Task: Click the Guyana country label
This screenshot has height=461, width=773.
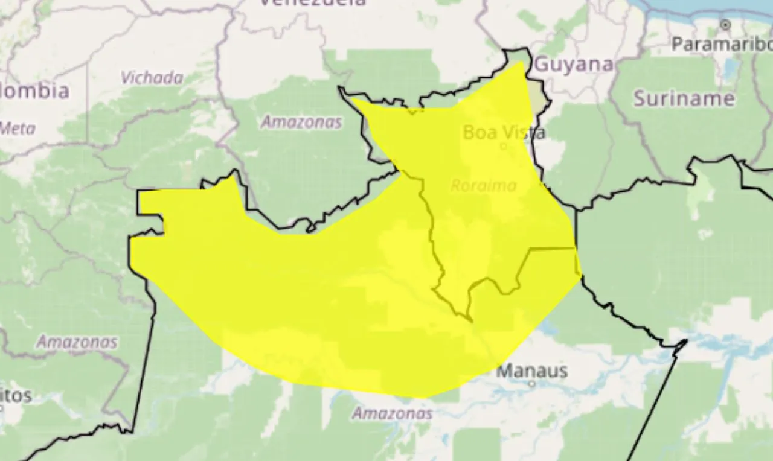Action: point(574,64)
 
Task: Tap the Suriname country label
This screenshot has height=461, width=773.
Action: point(684,98)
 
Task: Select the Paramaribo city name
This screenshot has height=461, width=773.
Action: point(722,44)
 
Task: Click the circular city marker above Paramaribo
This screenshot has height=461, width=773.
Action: point(725,25)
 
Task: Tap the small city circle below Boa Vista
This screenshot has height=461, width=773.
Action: point(504,146)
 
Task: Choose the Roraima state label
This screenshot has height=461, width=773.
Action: point(483,185)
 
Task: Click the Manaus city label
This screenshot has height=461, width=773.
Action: point(531,370)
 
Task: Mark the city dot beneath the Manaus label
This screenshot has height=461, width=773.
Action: point(531,383)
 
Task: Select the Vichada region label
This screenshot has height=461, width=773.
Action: point(152,78)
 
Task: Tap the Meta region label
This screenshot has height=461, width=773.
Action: point(17,128)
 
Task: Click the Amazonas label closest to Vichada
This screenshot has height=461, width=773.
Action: point(301,122)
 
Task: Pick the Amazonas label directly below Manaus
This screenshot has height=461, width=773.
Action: point(392,413)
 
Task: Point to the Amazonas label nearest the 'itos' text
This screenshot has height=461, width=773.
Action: point(77,342)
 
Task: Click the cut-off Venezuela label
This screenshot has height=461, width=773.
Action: point(313,3)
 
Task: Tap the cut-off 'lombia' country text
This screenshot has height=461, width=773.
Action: point(34,91)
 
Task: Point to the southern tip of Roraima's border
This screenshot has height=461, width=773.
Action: point(469,318)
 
